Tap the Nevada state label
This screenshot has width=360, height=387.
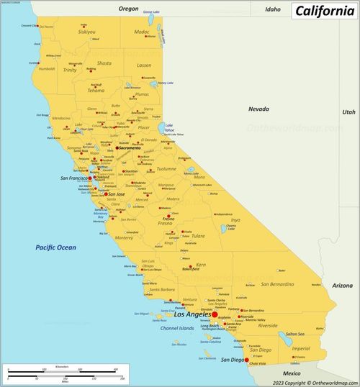(x=258, y=109)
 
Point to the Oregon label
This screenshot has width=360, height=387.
(x=128, y=9)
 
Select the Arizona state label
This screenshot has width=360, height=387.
(x=343, y=286)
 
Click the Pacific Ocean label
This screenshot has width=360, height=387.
(x=55, y=247)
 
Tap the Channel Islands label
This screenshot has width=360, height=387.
(x=177, y=328)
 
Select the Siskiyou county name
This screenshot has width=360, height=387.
(x=86, y=32)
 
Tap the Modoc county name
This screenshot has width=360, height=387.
(x=143, y=32)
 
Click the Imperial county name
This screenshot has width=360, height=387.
(x=300, y=348)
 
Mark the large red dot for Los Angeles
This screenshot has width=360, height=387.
(x=215, y=314)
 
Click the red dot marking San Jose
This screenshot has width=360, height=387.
(x=107, y=194)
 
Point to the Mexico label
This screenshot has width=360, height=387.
(x=292, y=373)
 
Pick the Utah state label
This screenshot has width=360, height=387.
(x=348, y=111)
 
